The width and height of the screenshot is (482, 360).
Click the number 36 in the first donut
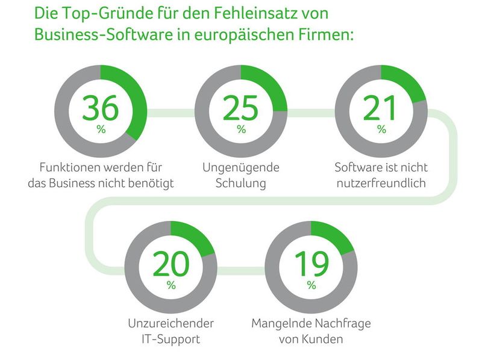(101, 109)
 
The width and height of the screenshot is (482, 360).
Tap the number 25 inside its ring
(240, 109)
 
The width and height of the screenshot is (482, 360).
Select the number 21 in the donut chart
(381, 109)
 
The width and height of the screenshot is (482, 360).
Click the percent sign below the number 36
(101, 129)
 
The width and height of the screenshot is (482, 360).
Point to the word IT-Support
(171, 340)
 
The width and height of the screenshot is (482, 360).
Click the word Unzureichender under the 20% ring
(171, 323)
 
